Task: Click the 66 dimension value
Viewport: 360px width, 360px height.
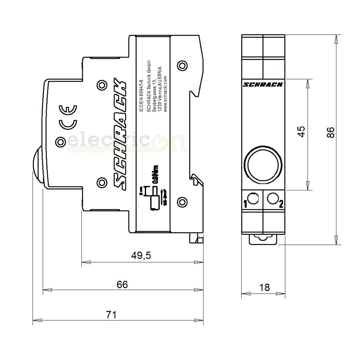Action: coord(122,284)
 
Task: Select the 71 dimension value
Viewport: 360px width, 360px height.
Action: coord(112,315)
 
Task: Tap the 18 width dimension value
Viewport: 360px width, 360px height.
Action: coord(264,287)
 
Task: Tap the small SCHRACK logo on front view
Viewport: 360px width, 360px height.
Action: coord(263,84)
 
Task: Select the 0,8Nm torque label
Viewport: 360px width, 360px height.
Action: coord(158,175)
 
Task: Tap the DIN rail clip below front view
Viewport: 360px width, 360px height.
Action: coord(263,239)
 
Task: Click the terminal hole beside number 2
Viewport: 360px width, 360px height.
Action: coord(273,198)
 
